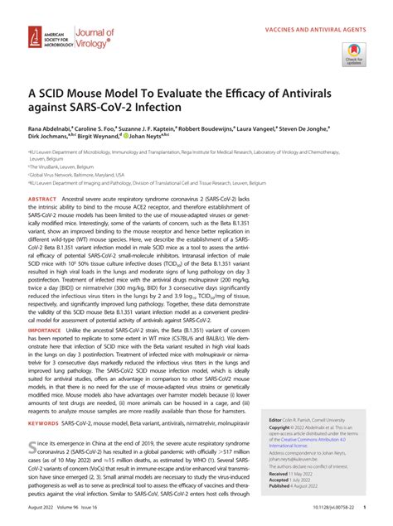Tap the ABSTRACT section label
43,200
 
